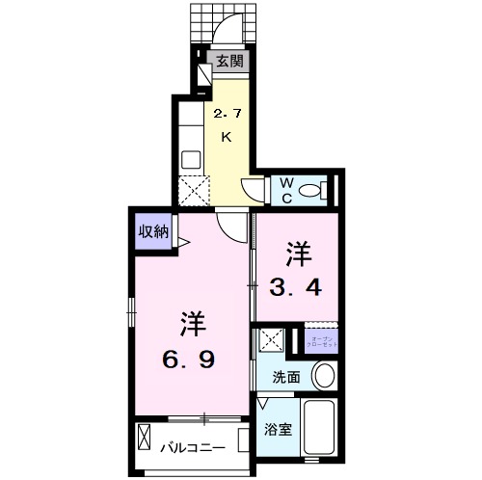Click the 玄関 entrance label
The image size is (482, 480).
(x=228, y=62)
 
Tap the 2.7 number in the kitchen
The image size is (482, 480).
(x=227, y=114)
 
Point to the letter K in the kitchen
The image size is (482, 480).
(x=227, y=137)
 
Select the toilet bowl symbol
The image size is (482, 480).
(x=313, y=191)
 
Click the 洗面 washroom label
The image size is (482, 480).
(x=285, y=378)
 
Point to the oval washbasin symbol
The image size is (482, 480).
(x=326, y=376)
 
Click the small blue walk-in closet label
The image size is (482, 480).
(x=319, y=340)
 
